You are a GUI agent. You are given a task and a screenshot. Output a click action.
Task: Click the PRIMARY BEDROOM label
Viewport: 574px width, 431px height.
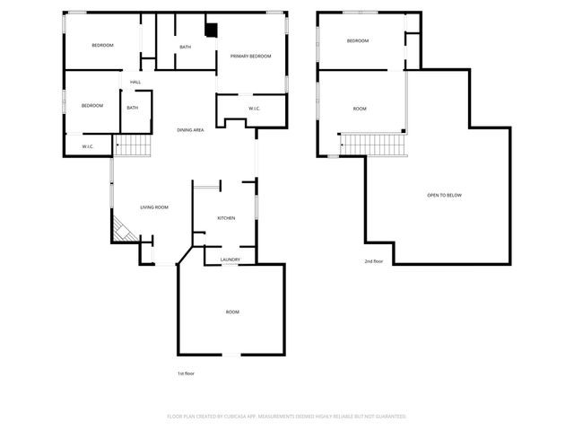pyautogui.click(x=250, y=57)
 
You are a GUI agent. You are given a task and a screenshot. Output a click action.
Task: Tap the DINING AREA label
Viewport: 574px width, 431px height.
pyautogui.click(x=190, y=130)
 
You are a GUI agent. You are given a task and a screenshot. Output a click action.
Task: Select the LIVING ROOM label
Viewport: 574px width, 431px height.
pyautogui.click(x=154, y=207)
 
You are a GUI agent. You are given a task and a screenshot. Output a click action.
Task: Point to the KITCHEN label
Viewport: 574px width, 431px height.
pyautogui.click(x=226, y=218)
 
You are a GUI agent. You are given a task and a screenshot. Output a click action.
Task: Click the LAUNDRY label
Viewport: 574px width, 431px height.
pyautogui.click(x=230, y=259)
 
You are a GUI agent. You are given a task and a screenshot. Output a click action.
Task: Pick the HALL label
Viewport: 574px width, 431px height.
pyautogui.click(x=135, y=83)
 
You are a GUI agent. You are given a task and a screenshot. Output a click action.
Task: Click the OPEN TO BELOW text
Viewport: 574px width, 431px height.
pyautogui.click(x=444, y=195)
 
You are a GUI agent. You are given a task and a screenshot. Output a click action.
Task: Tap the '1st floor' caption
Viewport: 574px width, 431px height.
pyautogui.click(x=186, y=373)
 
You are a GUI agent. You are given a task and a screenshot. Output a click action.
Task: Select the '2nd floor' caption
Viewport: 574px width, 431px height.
pyautogui.click(x=373, y=261)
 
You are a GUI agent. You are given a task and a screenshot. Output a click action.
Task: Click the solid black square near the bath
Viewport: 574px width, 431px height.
pyautogui.click(x=211, y=30)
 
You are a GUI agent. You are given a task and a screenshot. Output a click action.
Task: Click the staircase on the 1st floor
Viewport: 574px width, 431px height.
pyautogui.click(x=131, y=144)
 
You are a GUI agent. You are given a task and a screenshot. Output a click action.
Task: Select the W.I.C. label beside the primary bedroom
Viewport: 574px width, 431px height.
pyautogui.click(x=242, y=110)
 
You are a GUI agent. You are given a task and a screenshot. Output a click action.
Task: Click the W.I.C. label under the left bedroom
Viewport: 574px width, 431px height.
pyautogui.click(x=88, y=146)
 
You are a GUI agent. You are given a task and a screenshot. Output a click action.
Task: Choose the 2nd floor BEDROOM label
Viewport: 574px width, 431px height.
pyautogui.click(x=358, y=40)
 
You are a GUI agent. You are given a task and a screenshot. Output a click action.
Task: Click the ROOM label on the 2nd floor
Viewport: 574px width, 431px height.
pyautogui.click(x=360, y=109)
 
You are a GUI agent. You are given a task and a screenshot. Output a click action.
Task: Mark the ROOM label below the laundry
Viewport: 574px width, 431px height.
pyautogui.click(x=232, y=312)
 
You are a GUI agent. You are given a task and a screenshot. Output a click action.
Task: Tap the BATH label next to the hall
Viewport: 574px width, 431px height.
pyautogui.click(x=132, y=109)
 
